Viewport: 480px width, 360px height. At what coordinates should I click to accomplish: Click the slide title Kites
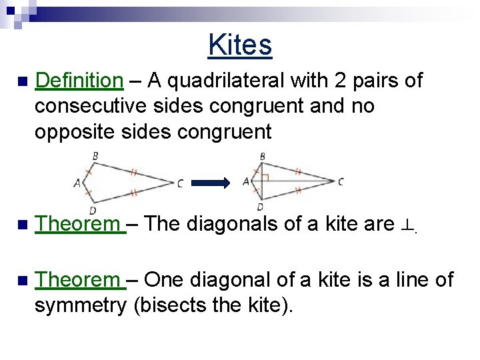pyautogui.click(x=240, y=45)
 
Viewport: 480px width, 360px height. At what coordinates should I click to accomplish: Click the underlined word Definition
pyautogui.click(x=79, y=81)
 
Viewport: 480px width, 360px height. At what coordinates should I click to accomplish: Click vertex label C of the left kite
pyautogui.click(x=180, y=183)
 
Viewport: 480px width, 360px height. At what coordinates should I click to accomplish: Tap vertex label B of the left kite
pyautogui.click(x=95, y=157)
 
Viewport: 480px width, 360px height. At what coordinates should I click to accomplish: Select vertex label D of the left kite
pyautogui.click(x=92, y=210)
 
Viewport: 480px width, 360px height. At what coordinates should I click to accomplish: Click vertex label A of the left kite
pyautogui.click(x=77, y=182)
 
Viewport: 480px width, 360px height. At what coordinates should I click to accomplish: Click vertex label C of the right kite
pyautogui.click(x=341, y=181)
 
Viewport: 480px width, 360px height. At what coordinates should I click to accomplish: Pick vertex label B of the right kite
pyautogui.click(x=262, y=157)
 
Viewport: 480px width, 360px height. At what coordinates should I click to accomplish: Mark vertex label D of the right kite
pyautogui.click(x=259, y=207)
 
